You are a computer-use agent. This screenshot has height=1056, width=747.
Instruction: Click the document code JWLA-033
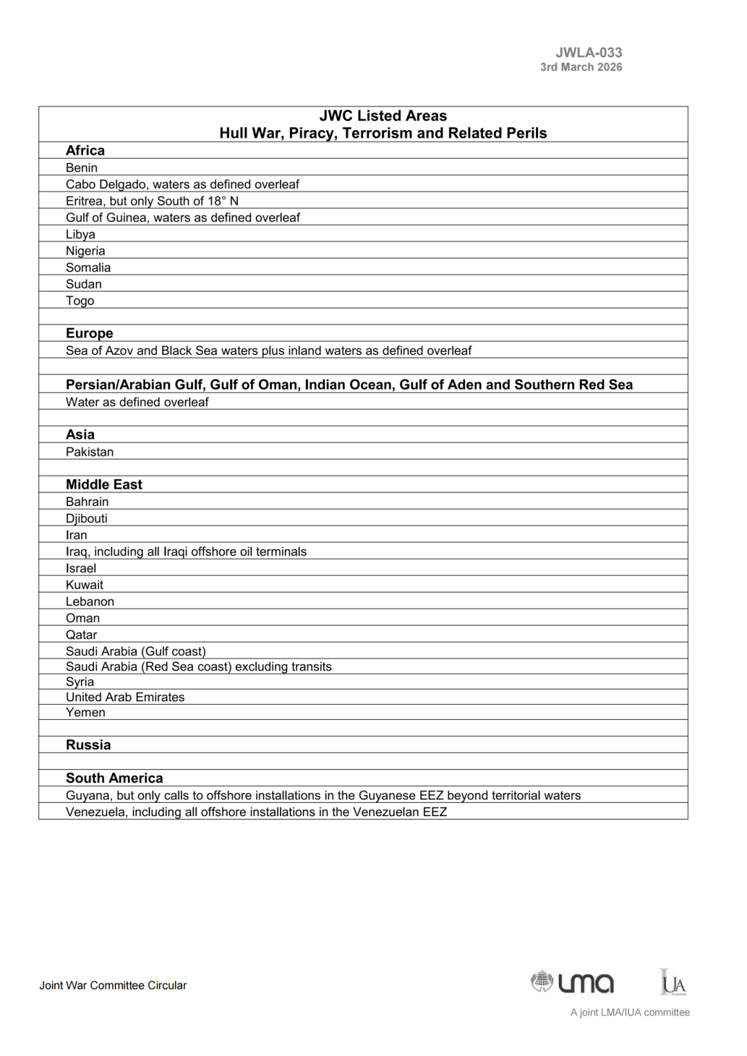tap(589, 53)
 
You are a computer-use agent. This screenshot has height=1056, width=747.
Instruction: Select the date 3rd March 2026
tap(581, 67)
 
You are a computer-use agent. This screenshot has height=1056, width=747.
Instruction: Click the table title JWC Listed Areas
tap(383, 116)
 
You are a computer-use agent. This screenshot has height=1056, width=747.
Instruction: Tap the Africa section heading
tap(85, 151)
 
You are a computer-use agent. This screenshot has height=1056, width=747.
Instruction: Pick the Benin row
tap(82, 168)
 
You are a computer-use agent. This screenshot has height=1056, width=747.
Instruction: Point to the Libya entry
tap(80, 234)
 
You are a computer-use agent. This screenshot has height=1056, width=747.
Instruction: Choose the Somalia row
tap(88, 268)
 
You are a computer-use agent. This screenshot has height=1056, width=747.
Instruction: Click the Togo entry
tap(80, 301)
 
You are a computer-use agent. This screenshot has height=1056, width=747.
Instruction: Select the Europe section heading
tap(89, 333)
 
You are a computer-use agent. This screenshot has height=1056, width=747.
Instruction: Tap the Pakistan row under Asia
tap(89, 452)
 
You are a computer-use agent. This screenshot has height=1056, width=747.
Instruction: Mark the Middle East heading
tap(104, 485)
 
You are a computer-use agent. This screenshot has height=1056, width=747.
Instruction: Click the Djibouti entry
tap(86, 519)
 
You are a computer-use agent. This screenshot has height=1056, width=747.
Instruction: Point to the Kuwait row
tap(84, 585)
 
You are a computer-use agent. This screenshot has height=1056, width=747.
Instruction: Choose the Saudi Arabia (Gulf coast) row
tap(136, 651)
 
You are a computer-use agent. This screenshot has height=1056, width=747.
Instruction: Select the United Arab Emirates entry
tap(125, 697)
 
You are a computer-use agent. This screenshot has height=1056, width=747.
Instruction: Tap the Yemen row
tap(85, 712)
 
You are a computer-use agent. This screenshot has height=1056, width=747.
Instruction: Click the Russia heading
tap(88, 745)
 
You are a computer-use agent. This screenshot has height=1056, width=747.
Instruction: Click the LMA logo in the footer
tap(573, 982)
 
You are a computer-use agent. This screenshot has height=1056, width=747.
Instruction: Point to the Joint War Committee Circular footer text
tap(113, 985)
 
